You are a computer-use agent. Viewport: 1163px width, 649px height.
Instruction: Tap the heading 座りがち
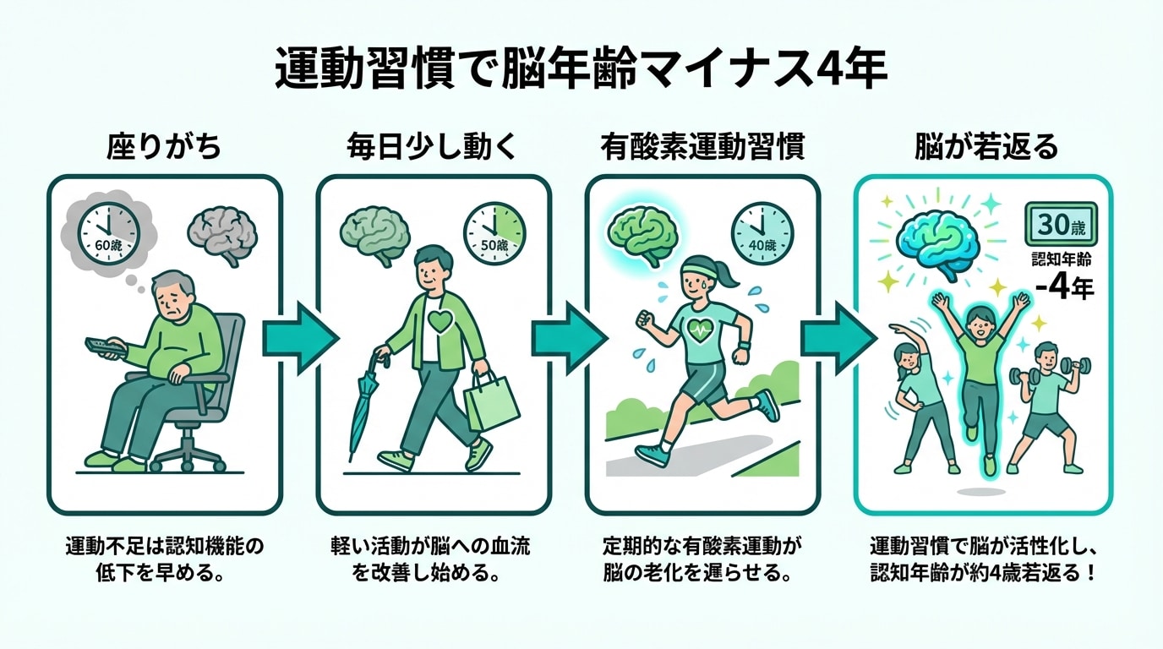pos(164,148)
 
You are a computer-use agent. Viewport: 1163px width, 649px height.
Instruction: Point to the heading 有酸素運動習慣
pos(702,148)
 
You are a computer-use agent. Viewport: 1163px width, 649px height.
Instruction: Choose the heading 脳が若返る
pos(986,148)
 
